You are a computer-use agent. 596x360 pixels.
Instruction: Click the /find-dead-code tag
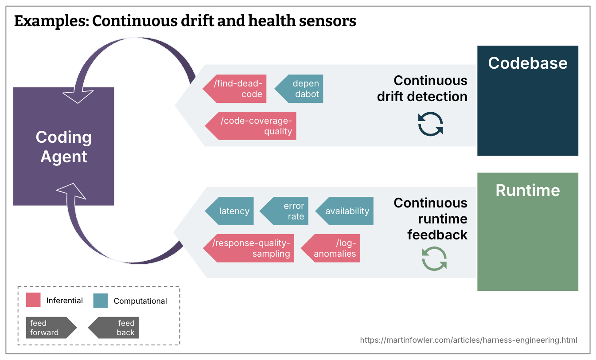tap(235, 89)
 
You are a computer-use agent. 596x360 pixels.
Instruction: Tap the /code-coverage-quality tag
tap(251, 126)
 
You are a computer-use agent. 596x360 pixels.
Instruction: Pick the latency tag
tap(230, 211)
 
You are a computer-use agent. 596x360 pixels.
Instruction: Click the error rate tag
tap(284, 211)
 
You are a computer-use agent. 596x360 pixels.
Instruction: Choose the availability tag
tap(344, 211)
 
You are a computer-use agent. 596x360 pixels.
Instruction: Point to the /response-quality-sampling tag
tap(249, 248)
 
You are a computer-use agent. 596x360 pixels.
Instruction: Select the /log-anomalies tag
tap(331, 248)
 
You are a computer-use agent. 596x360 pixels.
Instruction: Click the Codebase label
tap(528, 63)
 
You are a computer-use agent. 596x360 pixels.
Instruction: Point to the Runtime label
tap(528, 190)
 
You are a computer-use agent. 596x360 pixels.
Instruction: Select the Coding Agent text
tap(64, 147)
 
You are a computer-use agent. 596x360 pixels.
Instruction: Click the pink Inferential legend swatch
tap(33, 300)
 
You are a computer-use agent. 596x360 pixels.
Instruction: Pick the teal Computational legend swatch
tap(101, 300)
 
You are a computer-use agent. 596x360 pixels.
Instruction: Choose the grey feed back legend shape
tap(113, 328)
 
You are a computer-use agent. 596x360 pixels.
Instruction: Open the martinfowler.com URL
tap(468, 340)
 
